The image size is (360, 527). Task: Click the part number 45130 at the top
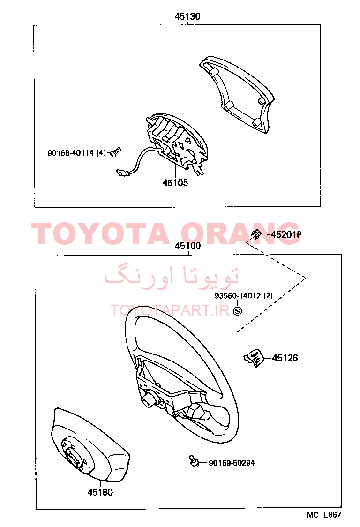pos(187,16)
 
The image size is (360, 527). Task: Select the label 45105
pos(175,183)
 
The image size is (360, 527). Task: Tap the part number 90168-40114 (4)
pos(76,153)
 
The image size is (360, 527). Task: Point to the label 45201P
pos(286,234)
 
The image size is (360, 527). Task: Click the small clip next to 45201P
pos(256,233)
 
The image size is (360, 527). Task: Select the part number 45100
pos(187,246)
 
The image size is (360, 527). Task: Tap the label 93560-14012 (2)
pos(244,295)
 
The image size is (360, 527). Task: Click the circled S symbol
pos(237,311)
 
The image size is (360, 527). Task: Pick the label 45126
pos(285,358)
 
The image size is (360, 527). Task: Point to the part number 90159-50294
pos(232,463)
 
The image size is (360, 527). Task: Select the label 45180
pos(100,492)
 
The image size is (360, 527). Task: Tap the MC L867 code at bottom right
pos(324,514)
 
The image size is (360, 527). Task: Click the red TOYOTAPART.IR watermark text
pos(169,310)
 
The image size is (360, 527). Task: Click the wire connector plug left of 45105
pos(122,173)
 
